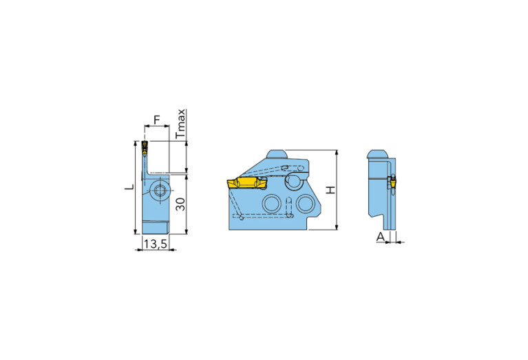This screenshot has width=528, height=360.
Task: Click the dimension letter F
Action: (x=156, y=120)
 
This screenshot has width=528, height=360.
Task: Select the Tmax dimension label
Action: (x=180, y=123)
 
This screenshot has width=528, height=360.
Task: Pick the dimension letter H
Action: (x=330, y=189)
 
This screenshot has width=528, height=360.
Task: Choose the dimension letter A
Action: (x=379, y=237)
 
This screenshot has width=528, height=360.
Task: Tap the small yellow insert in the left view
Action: (x=145, y=146)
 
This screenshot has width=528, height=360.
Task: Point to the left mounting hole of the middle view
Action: (x=272, y=203)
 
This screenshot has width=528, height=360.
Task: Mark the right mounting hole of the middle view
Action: (x=304, y=203)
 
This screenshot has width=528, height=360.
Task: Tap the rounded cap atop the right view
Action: (x=376, y=154)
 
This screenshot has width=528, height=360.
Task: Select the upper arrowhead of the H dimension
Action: (x=336, y=152)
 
